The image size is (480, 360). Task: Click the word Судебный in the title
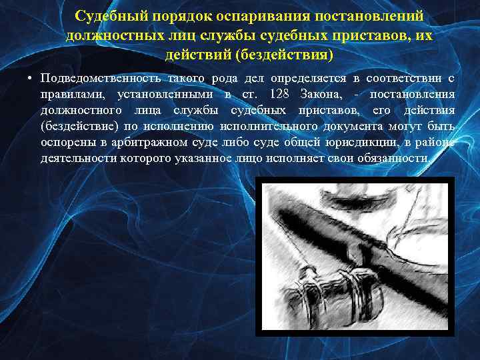coord(107,15)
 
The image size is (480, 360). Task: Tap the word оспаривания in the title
coord(251,15)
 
